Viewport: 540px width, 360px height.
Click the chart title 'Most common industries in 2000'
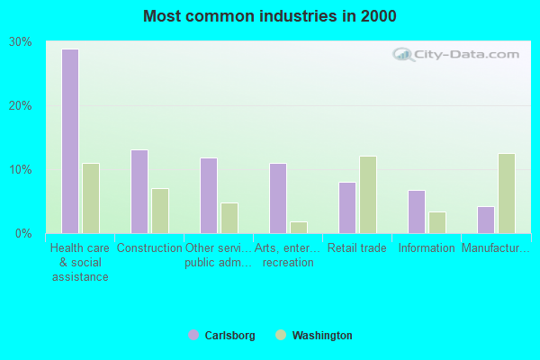[269, 16]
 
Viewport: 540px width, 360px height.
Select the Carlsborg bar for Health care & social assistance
[70, 141]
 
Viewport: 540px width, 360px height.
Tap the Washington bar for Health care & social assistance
[91, 198]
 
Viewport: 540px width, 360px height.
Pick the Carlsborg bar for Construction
[139, 192]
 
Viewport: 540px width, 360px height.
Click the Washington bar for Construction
[160, 211]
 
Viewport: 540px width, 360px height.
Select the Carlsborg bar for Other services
[209, 195]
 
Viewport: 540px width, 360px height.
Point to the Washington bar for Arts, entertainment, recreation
[299, 228]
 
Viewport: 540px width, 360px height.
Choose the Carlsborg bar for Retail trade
[347, 208]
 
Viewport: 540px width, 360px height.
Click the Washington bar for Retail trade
[368, 194]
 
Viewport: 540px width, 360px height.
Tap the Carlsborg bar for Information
[417, 211]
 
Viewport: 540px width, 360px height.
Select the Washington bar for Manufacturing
[507, 193]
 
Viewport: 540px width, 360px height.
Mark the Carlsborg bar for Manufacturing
[486, 220]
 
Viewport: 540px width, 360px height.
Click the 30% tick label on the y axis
[21, 41]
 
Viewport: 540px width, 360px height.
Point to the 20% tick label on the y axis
[21, 105]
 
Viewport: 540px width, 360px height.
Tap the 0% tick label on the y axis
[23, 233]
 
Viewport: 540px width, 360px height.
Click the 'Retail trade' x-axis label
[357, 248]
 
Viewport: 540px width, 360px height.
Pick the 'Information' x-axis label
[427, 248]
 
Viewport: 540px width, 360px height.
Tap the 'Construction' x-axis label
[149, 248]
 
